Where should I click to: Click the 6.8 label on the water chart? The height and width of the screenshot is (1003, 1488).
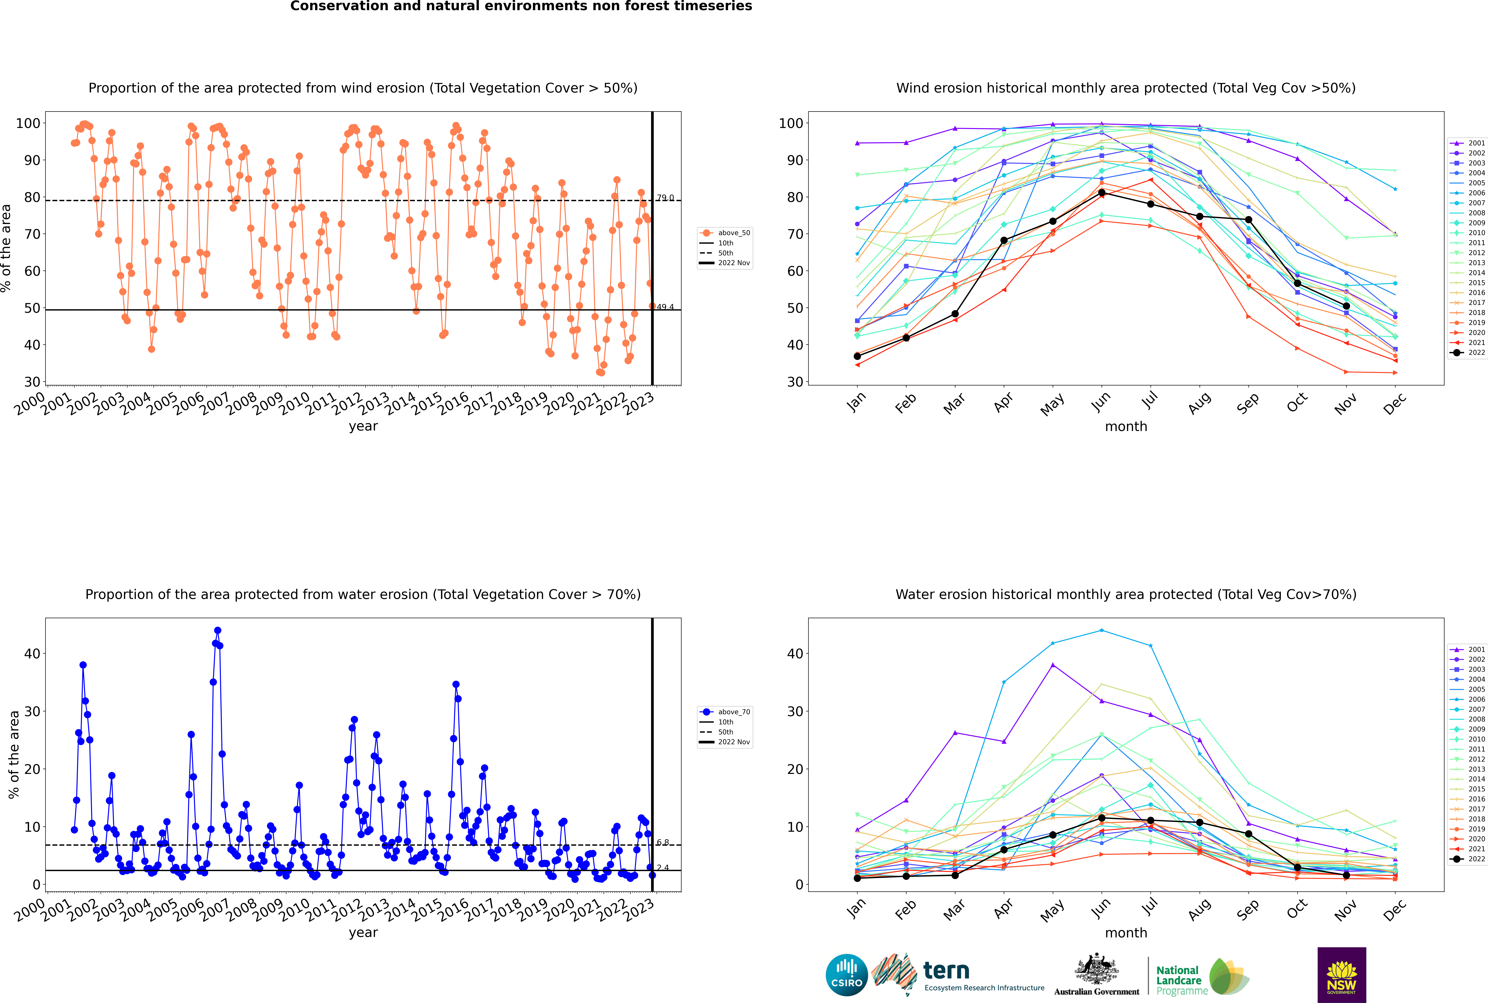[x=663, y=843]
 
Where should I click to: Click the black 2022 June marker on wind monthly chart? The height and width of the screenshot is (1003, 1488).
[x=1102, y=193]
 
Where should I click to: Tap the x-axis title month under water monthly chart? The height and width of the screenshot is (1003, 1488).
[x=1126, y=933]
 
